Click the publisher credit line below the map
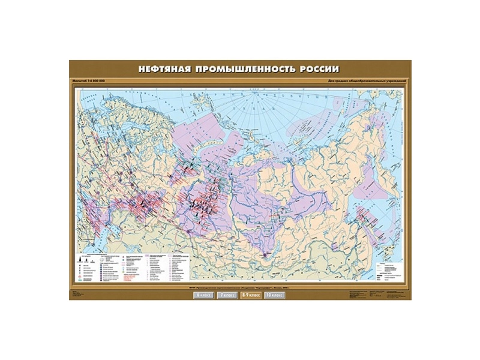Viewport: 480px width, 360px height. (240, 286)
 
